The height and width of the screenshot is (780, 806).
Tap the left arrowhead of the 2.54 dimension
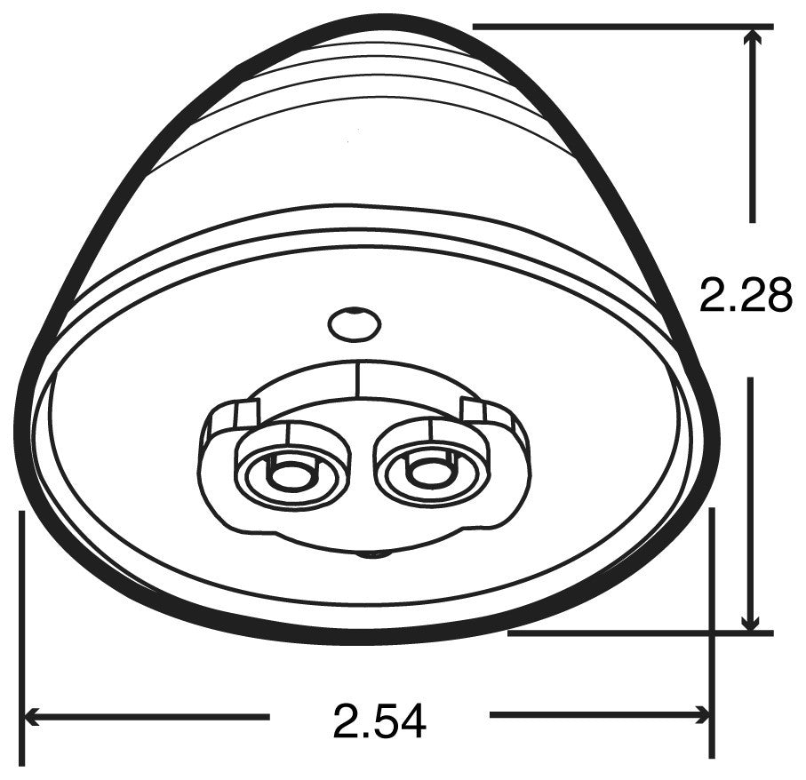[x=31, y=714]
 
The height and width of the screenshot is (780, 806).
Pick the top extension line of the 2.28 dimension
[x=622, y=27]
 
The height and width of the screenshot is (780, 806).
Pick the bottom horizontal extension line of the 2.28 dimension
[x=640, y=633]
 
